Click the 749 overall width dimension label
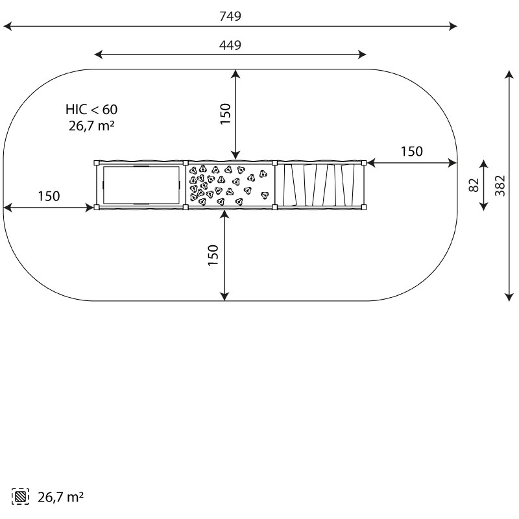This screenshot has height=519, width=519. (230, 16)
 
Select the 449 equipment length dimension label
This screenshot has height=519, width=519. (230, 45)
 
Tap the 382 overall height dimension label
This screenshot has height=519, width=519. (500, 186)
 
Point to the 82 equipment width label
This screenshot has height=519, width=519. (474, 185)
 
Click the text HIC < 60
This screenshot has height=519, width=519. (91, 110)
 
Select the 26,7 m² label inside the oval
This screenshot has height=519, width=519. (91, 126)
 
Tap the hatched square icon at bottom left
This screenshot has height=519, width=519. (20, 496)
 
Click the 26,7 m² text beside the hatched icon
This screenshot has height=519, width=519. (60, 497)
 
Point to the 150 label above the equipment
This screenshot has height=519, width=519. (225, 114)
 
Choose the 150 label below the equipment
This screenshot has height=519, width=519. (213, 255)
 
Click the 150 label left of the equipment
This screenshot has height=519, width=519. (49, 197)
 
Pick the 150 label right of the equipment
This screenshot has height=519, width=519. (412, 151)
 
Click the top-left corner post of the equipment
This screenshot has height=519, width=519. (97, 163)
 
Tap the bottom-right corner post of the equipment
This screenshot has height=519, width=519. (364, 208)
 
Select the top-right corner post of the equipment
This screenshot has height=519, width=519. (364, 163)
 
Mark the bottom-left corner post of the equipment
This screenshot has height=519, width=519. (97, 208)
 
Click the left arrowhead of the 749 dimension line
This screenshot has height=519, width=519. (7, 26)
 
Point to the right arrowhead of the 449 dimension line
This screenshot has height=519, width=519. (362, 54)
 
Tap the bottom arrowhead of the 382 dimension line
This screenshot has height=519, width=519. (509, 297)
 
